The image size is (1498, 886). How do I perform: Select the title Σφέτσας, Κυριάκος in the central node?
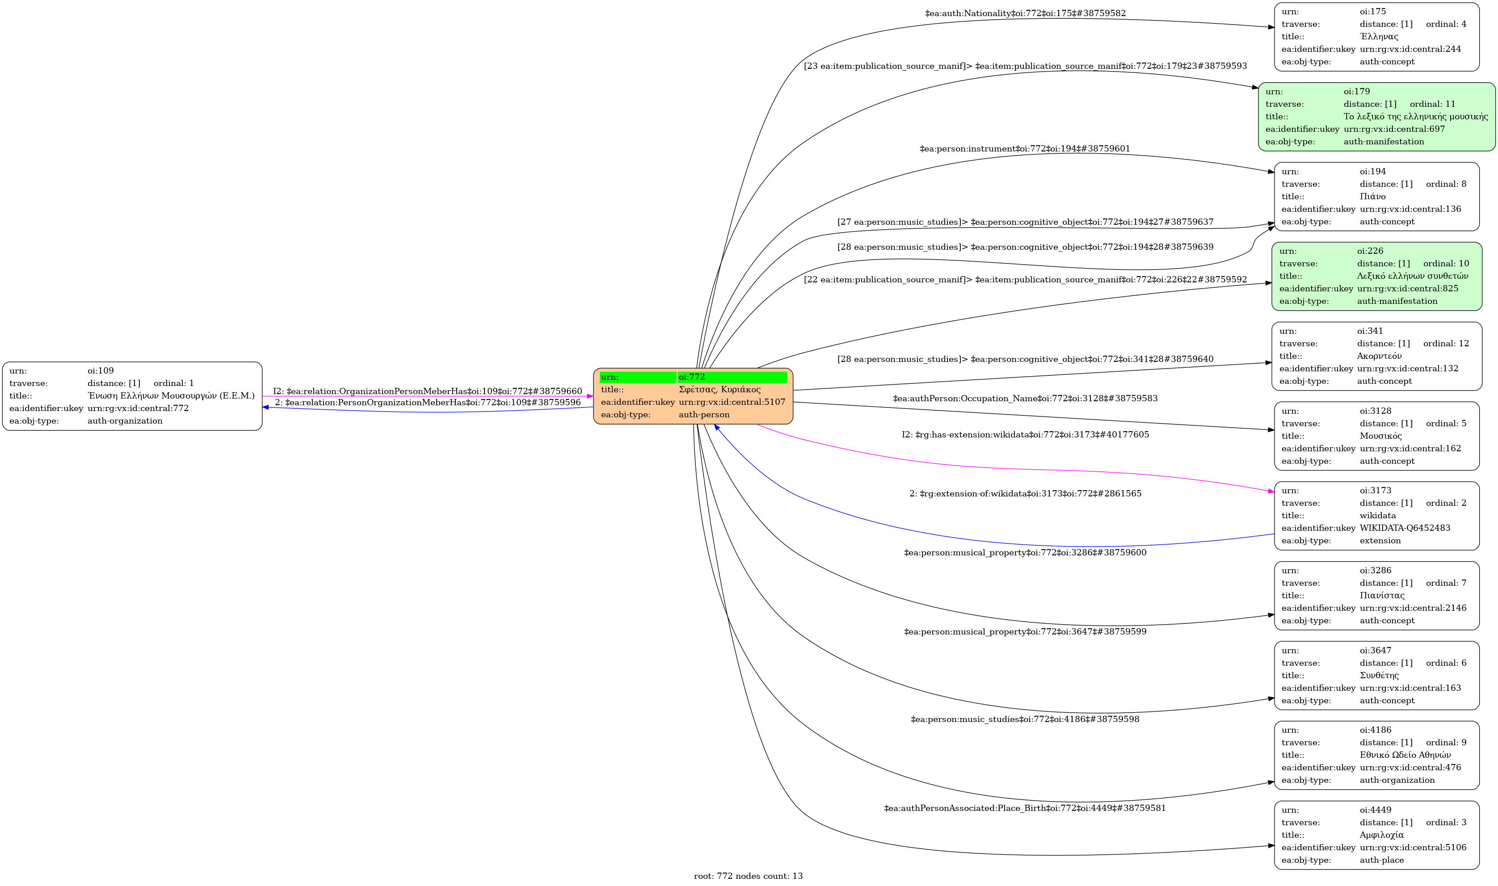pyautogui.click(x=720, y=389)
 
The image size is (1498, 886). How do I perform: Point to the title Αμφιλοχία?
pyautogui.click(x=1381, y=835)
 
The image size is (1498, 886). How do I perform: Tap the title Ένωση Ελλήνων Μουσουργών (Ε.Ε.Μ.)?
pyautogui.click(x=171, y=395)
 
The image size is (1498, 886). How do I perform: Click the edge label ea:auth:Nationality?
pyautogui.click(x=1025, y=13)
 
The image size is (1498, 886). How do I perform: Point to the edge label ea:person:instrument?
pyautogui.click(x=1025, y=149)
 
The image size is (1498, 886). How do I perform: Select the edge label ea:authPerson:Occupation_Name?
pyautogui.click(x=1025, y=398)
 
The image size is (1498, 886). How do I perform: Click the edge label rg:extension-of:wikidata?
pyautogui.click(x=1025, y=494)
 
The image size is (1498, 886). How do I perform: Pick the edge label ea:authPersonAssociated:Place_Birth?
pyautogui.click(x=1025, y=808)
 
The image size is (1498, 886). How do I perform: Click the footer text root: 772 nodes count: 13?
pyautogui.click(x=748, y=876)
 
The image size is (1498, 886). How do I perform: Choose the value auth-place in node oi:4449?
pyautogui.click(x=1381, y=860)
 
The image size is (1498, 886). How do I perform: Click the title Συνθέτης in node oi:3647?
pyautogui.click(x=1379, y=675)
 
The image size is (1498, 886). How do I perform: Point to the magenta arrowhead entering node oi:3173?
pyautogui.click(x=1271, y=491)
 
